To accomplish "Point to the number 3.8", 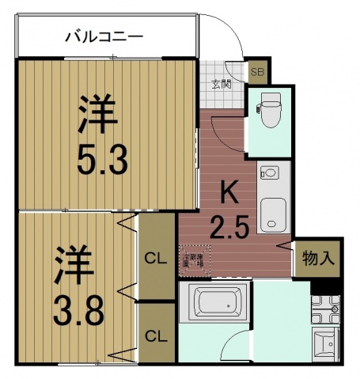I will (x=78, y=311).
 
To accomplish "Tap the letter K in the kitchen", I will (x=229, y=191).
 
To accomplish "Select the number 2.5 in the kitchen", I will (x=229, y=228).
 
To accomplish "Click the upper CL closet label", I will (x=155, y=257).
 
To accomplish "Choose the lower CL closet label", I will (x=155, y=335).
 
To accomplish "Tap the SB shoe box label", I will (x=258, y=72).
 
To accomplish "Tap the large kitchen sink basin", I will (x=273, y=211).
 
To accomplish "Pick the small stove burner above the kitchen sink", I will (x=270, y=172).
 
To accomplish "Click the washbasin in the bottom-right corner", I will (x=325, y=344).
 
